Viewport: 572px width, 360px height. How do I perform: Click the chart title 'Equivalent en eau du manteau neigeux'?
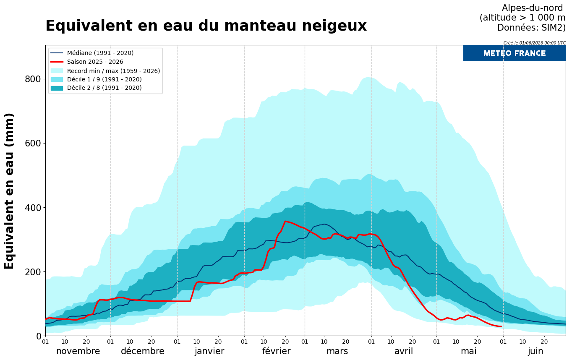tap(206, 26)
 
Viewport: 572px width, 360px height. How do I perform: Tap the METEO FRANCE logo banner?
tap(514, 53)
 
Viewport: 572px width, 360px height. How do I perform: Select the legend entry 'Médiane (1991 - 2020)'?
tap(100, 53)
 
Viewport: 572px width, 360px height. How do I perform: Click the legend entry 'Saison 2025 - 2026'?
tap(95, 62)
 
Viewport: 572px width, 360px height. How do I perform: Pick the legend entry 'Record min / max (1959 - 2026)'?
tap(113, 71)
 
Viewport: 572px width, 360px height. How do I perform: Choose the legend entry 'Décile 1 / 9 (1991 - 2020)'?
tap(104, 79)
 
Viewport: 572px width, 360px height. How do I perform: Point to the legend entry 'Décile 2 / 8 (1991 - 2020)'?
tap(104, 88)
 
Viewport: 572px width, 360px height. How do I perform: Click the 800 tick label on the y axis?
tap(33, 79)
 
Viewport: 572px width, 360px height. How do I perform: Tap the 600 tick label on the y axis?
tap(33, 143)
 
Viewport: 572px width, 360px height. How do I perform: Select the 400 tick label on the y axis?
tap(33, 208)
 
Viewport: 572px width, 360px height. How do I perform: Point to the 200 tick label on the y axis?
tap(33, 272)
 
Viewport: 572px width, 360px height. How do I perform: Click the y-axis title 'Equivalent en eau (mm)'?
tap(9, 191)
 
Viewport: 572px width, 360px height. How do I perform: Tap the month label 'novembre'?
tap(78, 351)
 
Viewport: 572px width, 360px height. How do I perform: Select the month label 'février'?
tap(276, 351)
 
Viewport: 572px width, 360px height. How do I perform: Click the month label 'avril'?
tap(404, 351)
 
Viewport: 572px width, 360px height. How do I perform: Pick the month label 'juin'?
tap(535, 352)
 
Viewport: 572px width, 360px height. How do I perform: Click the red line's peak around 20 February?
tap(285, 221)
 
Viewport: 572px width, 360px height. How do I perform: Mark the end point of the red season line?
tap(501, 326)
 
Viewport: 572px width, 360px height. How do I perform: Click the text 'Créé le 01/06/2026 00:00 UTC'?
tap(535, 43)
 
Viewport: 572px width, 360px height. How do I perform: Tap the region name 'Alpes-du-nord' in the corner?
tap(533, 8)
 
